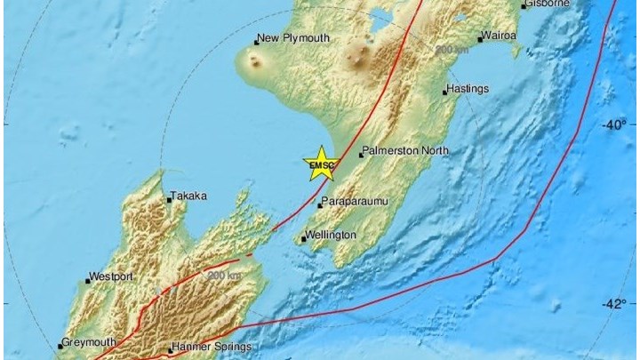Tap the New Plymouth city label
[293, 39]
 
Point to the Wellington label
[331, 235]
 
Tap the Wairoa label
[499, 37]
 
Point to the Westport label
[113, 278]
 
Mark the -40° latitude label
[613, 124]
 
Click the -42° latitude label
[613, 304]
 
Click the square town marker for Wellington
[303, 239]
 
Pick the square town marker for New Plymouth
[254, 41]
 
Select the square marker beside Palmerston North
[361, 155]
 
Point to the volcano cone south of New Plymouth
[257, 63]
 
